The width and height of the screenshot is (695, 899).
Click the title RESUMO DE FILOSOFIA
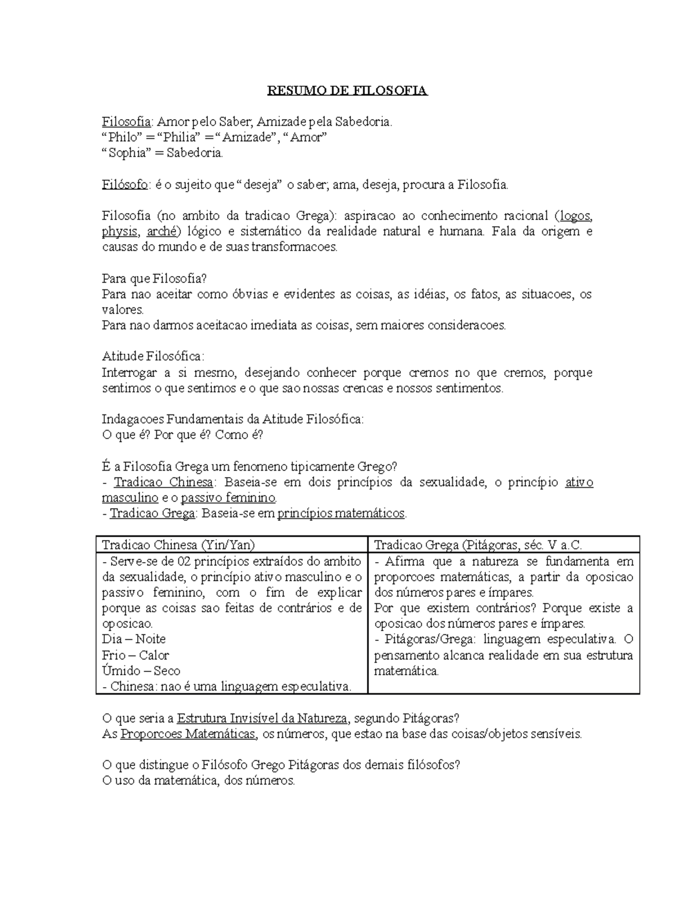(x=347, y=91)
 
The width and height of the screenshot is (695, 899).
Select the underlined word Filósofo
(x=125, y=185)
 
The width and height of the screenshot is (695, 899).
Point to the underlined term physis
(x=120, y=232)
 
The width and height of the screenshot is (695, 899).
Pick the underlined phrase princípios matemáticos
(x=342, y=513)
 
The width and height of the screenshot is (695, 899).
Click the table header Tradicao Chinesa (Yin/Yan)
(x=178, y=545)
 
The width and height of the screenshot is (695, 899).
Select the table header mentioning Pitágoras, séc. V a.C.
(x=478, y=545)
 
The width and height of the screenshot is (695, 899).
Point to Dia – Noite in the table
(x=134, y=639)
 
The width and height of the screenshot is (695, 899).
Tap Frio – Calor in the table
(x=136, y=655)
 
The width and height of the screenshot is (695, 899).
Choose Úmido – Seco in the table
(x=141, y=671)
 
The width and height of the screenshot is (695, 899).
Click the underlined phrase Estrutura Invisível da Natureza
(x=262, y=719)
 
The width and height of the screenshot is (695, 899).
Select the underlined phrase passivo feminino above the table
(x=228, y=498)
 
